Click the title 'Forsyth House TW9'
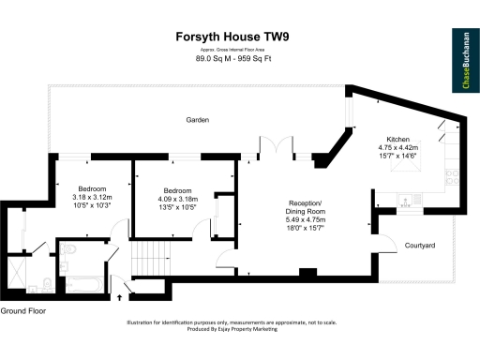tap(239, 38)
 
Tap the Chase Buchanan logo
tap(466, 62)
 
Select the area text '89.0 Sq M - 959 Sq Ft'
tap(239, 59)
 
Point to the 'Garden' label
tap(197, 120)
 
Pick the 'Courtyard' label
tap(419, 245)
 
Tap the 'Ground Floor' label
tap(22, 309)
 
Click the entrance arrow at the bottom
tap(119, 297)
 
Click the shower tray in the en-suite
tap(29, 282)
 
